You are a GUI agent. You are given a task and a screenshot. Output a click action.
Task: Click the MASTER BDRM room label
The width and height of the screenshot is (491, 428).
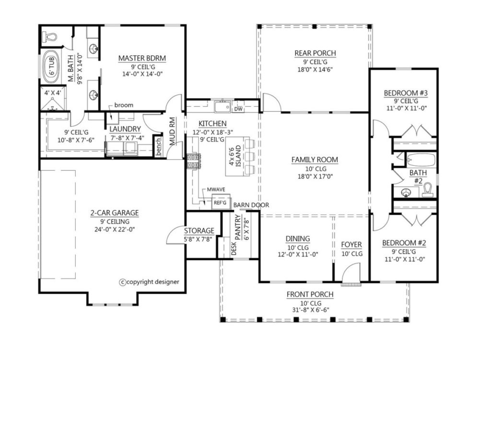tap(142, 58)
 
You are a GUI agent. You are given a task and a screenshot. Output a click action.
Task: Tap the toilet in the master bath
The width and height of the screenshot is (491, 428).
tap(49, 36)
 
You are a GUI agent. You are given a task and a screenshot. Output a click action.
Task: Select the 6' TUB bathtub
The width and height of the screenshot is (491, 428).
tap(51, 66)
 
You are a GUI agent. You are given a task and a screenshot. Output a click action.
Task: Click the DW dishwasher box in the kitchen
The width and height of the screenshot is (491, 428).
tap(238, 109)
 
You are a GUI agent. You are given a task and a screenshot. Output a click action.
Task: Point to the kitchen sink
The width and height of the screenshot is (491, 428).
tap(222, 107)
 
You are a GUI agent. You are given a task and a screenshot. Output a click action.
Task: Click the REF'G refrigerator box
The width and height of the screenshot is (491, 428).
tap(220, 202)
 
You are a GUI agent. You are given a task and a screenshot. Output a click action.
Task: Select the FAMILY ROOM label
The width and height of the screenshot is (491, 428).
tap(315, 160)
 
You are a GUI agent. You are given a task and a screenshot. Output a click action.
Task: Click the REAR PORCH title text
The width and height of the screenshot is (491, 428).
tap(315, 53)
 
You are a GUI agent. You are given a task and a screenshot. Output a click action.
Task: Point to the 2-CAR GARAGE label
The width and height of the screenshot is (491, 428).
tap(115, 213)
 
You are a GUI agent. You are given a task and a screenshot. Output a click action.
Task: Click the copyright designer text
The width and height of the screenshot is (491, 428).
tap(150, 282)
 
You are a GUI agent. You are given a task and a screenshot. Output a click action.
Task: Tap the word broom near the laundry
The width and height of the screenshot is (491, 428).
tap(124, 105)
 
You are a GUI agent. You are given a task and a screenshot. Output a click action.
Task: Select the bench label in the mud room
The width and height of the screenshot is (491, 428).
tap(158, 147)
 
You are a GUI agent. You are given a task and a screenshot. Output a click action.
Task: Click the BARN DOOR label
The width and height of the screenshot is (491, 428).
tap(251, 205)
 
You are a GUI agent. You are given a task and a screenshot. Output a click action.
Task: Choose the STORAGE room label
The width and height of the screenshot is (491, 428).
tap(199, 231)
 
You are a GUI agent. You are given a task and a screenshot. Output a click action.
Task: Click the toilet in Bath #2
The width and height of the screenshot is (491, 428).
tap(428, 190)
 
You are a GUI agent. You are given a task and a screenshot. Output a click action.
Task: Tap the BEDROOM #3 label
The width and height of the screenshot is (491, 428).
tap(406, 93)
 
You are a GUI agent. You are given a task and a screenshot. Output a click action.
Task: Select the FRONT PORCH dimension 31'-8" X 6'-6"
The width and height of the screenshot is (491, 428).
tap(310, 310)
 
